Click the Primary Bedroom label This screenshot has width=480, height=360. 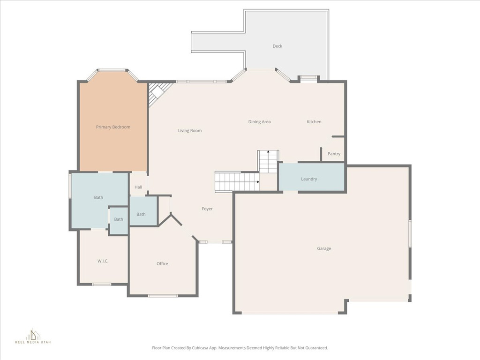[x=113, y=127]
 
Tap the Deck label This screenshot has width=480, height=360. [x=277, y=46]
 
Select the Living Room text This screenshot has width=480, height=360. [x=190, y=131]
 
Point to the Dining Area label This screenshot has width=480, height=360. [x=259, y=122]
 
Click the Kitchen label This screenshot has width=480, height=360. [x=314, y=122]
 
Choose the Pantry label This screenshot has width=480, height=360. [x=334, y=154]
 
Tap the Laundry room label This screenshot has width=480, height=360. [x=309, y=179]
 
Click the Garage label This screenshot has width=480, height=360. [x=324, y=248]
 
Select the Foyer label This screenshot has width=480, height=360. [x=207, y=209]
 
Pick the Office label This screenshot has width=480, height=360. [x=162, y=264]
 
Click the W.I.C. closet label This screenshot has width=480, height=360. [x=103, y=261]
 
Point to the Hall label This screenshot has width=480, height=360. [x=138, y=187]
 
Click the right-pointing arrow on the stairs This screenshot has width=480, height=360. [x=257, y=181]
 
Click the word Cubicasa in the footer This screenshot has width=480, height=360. [x=203, y=348]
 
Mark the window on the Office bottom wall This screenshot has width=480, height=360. [x=163, y=296]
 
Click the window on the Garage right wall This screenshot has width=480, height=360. [x=410, y=234]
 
